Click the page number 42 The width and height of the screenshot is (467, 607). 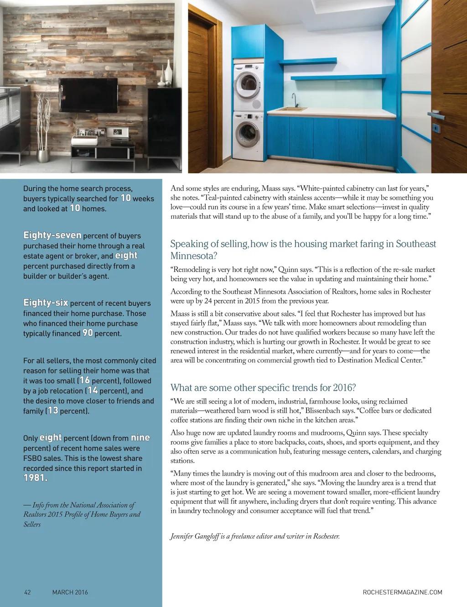coord(27,592)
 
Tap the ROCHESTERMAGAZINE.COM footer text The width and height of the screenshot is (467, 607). coord(402,592)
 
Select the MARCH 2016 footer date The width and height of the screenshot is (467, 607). coord(70,592)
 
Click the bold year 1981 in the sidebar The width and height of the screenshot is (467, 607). coord(36,478)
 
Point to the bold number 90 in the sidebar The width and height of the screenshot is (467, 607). coord(88,333)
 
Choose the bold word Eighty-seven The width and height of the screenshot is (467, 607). coord(52,235)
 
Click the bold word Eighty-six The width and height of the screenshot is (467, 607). coord(46,303)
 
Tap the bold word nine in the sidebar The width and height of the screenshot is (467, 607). coord(140,438)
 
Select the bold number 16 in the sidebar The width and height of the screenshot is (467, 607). coord(84,380)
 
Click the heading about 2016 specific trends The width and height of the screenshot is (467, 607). coord(263,388)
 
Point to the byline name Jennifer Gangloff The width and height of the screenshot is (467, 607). coord(194,536)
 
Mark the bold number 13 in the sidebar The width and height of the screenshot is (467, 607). coord(52,411)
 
